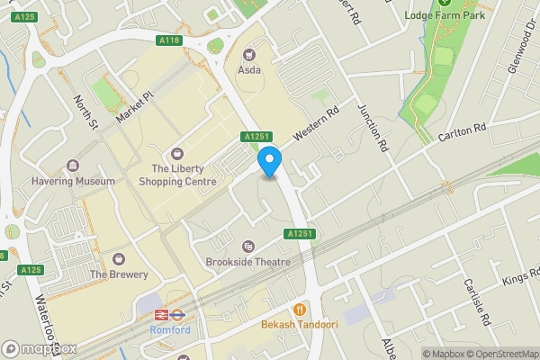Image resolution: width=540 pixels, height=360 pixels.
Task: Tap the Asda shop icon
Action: click(249, 53)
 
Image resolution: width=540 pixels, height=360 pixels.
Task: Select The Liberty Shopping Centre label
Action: click(177, 175)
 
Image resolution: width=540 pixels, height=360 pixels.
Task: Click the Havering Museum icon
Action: click(72, 166)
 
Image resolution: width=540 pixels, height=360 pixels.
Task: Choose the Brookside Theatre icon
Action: click(248, 246)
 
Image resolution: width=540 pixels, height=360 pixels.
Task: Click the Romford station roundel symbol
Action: click(163, 315)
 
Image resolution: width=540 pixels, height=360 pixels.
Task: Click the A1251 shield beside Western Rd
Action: click(255, 137)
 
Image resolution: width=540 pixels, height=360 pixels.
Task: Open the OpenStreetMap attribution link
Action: click(499, 354)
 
